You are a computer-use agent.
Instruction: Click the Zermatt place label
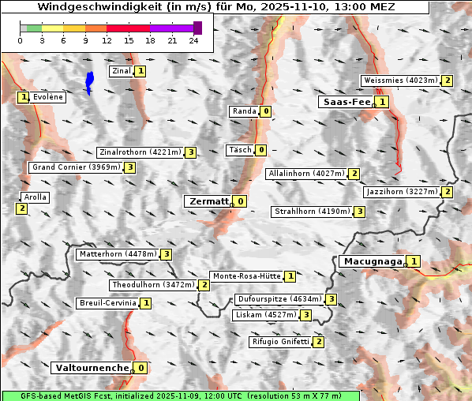pos(208,201)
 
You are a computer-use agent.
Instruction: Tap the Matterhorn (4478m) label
pos(117,254)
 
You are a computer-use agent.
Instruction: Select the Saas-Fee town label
pos(345,102)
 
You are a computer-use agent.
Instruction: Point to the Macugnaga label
pos(371,261)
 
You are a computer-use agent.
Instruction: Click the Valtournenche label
pos(91,368)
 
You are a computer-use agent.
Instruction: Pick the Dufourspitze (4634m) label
pos(279,300)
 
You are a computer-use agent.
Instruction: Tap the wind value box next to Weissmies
pos(448,81)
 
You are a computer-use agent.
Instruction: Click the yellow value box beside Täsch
pos(261,150)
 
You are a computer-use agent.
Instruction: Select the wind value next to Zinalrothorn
pos(190,152)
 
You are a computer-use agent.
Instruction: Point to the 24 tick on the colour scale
pos(194,40)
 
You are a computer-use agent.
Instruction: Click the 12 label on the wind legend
pos(107,40)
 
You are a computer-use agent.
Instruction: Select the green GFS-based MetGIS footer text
pos(180,395)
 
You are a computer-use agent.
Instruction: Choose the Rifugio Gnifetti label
pos(279,342)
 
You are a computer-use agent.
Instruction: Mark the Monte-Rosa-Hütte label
pos(246,276)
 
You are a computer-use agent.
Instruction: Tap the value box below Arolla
pos(21,208)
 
